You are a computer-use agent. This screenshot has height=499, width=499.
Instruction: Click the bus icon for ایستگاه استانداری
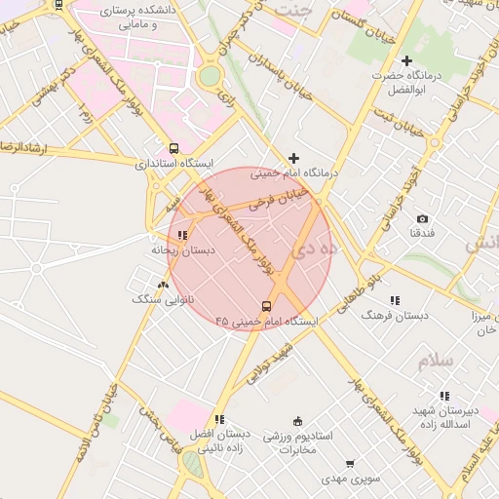tap(173, 149)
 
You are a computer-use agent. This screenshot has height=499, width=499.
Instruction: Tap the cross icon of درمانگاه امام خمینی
tap(293, 158)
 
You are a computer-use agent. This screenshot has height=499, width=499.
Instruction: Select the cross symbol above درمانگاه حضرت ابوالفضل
tap(407, 60)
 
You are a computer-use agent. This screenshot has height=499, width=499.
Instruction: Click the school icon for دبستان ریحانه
tap(182, 234)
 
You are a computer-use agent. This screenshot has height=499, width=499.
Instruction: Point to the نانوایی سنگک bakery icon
tap(163, 285)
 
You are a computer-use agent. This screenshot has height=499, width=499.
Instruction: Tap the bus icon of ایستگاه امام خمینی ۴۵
tap(268, 304)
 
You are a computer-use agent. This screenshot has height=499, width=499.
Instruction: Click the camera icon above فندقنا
tap(422, 219)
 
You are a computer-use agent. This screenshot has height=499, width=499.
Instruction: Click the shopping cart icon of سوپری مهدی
tap(349, 464)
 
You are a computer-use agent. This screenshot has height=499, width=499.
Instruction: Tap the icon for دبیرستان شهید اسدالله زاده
tap(444, 395)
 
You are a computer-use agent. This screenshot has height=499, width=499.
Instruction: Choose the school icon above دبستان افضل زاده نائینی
tap(218, 419)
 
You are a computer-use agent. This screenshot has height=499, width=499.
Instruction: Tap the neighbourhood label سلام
tap(435, 362)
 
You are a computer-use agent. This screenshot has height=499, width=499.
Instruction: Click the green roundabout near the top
tap(210, 76)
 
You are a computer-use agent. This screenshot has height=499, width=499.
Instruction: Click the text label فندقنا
tap(422, 235)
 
